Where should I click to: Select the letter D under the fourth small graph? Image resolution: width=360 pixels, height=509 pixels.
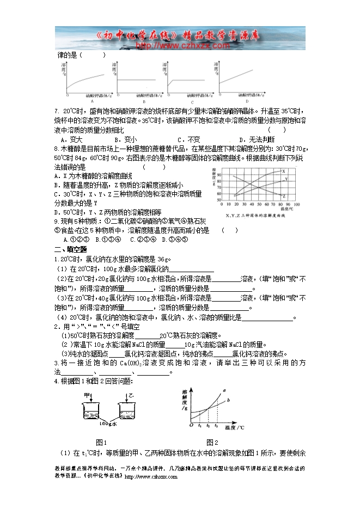point(246,101)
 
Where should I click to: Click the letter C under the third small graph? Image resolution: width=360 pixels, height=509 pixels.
point(192,102)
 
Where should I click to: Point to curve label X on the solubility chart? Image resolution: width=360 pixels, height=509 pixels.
point(284,172)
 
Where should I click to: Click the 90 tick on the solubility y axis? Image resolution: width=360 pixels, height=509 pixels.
point(219,175)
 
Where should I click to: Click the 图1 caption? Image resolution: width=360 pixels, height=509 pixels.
point(101,441)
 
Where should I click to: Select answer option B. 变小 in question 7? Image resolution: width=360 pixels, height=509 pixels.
point(129,139)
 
